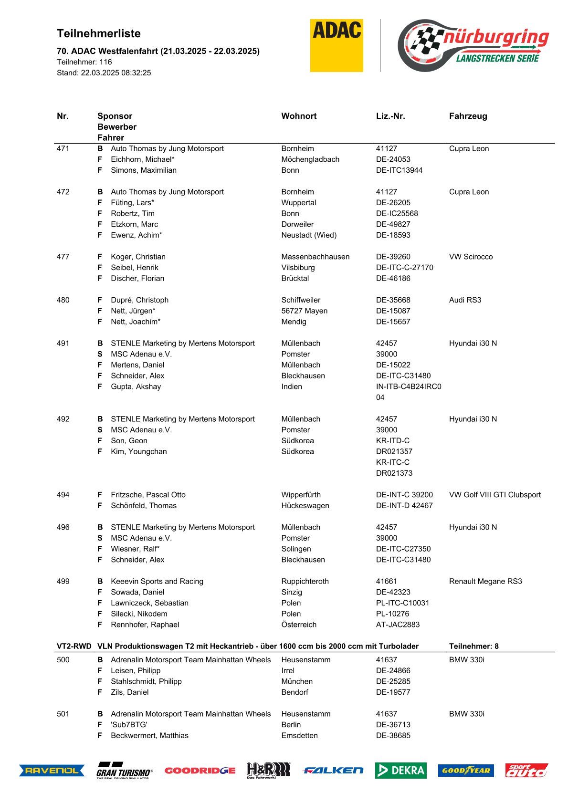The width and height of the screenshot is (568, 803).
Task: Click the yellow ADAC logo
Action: pyautogui.click(x=337, y=45)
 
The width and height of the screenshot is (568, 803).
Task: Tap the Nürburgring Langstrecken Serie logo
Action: pyautogui.click(x=473, y=45)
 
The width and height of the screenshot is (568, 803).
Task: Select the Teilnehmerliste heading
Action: pyautogui.click(x=99, y=33)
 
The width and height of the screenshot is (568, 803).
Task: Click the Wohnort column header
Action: pyautogui.click(x=299, y=116)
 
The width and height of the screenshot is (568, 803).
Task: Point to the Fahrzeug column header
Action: pyautogui.click(x=468, y=116)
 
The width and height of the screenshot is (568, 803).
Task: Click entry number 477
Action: pyautogui.click(x=63, y=257)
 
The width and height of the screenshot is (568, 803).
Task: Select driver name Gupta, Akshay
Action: pyautogui.click(x=136, y=386)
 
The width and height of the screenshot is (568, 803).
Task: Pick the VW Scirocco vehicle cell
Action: pyautogui.click(x=471, y=257)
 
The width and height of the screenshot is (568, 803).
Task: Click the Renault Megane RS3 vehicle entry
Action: pyautogui.click(x=485, y=581)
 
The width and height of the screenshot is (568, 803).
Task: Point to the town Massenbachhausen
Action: pyautogui.click(x=315, y=257)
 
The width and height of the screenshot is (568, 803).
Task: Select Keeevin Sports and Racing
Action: pyautogui.click(x=157, y=581)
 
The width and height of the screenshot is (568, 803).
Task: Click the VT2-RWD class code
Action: pyautogui.click(x=74, y=646)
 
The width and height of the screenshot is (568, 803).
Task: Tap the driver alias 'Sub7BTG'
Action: pyautogui.click(x=129, y=724)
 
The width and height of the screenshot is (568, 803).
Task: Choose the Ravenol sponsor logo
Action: pyautogui.click(x=52, y=770)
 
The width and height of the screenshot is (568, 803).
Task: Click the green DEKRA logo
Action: pyautogui.click(x=400, y=770)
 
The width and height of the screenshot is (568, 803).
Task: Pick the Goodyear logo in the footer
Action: pyautogui.click(x=466, y=770)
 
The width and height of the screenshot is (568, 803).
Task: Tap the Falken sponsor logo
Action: pyautogui.click(x=333, y=770)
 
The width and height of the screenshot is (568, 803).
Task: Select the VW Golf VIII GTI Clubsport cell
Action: pyautogui.click(x=494, y=495)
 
